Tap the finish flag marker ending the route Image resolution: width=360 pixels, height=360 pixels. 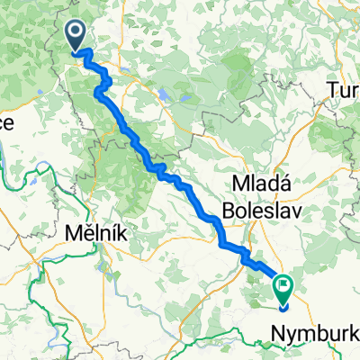pyautogui.click(x=283, y=290)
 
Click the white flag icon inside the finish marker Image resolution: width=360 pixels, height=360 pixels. pyautogui.click(x=284, y=287)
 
